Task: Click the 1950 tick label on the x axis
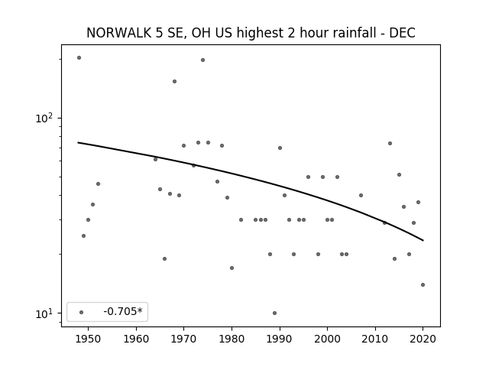[89, 339]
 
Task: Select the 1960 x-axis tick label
[136, 339]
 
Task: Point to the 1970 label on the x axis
[183, 339]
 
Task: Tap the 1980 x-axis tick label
[232, 339]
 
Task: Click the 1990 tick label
[280, 339]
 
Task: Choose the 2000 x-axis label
[327, 339]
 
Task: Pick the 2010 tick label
[375, 339]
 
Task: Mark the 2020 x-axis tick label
[423, 339]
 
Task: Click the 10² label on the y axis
[44, 118]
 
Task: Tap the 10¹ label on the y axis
[44, 313]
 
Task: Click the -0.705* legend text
[123, 311]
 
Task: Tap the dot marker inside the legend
[82, 312]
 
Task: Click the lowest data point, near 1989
[274, 313]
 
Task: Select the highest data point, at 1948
[79, 58]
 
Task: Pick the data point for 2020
[423, 284]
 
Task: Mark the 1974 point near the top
[202, 60]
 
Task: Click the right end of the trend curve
[423, 240]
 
